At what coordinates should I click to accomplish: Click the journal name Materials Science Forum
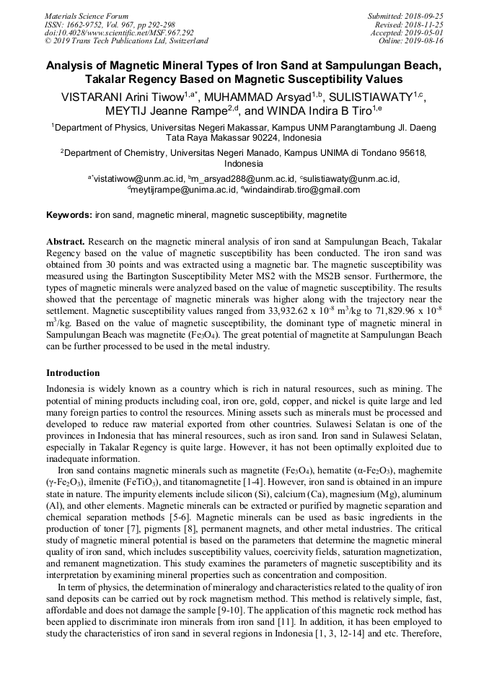click(x=87, y=16)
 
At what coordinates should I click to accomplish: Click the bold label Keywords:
click(x=69, y=215)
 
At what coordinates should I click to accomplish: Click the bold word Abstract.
click(x=66, y=240)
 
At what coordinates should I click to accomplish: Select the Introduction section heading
click(x=73, y=373)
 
